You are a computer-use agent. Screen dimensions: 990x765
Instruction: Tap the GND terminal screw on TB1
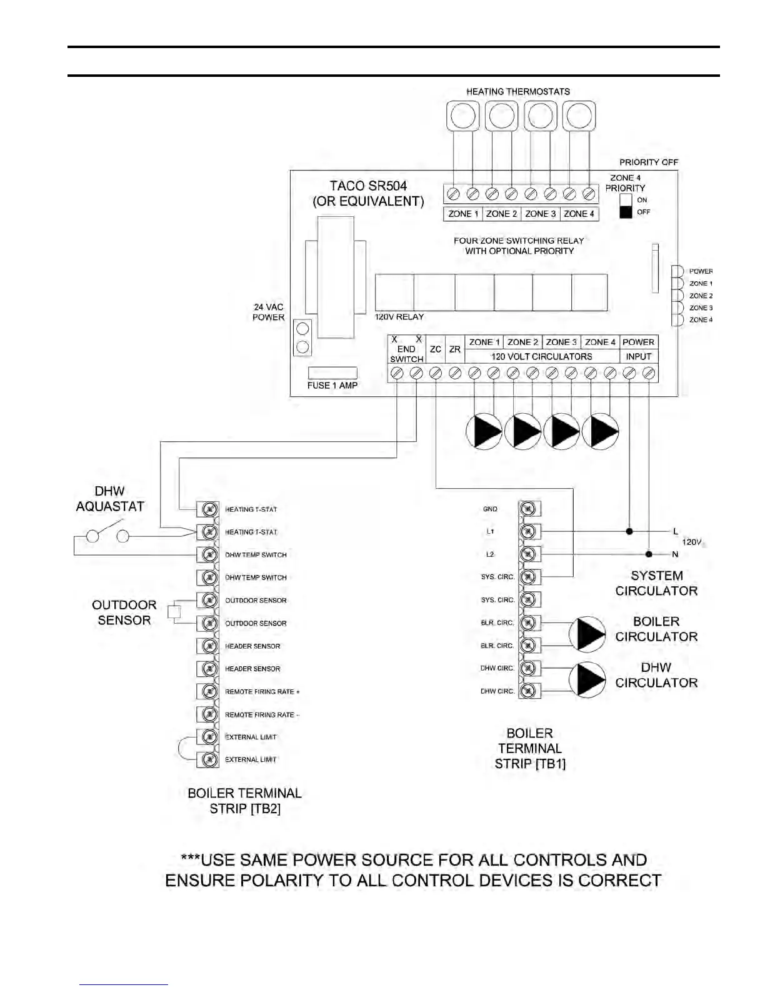coord(528,509)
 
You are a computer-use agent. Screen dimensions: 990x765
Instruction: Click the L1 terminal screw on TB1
coord(528,531)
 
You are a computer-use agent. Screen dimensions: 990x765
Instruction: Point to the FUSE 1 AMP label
coord(332,386)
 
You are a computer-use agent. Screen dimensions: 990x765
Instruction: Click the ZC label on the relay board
coord(436,349)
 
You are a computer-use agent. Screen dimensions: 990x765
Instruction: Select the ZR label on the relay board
coord(455,349)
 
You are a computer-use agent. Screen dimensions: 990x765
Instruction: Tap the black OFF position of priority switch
coord(626,212)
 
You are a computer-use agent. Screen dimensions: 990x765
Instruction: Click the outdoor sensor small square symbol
coord(174,612)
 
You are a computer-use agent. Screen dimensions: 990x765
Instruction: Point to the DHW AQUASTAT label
coord(110,499)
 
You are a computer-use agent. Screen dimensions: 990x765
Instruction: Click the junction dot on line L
coord(629,531)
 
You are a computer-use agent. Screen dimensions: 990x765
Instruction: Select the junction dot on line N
coord(649,554)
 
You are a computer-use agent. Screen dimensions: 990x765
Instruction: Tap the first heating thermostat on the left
coord(463,116)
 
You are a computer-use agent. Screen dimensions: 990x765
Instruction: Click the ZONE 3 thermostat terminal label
coord(541,214)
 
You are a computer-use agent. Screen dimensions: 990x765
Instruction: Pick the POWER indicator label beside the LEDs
coord(701,271)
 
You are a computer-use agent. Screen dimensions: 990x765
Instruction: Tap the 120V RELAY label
coord(399,317)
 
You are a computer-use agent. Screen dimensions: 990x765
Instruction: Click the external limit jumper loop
coord(182,748)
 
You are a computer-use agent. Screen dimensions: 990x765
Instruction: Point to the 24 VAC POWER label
coord(268,312)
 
